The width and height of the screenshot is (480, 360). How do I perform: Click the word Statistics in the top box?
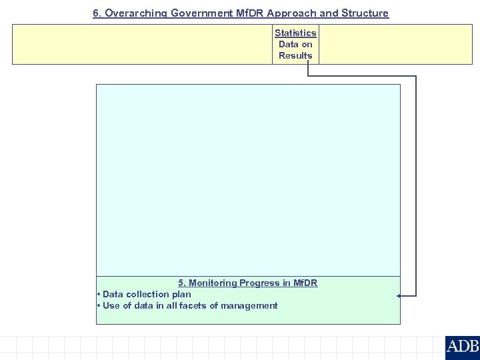295,33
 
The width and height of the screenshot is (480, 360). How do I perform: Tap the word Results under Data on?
295,55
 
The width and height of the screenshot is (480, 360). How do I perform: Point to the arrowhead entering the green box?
399,295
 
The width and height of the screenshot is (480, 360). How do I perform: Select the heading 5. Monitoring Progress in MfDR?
247,283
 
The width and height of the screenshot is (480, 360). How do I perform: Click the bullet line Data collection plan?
146,294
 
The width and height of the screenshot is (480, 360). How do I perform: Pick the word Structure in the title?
365,13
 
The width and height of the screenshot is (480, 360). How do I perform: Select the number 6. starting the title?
97,13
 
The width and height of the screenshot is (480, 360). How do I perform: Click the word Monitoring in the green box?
213,283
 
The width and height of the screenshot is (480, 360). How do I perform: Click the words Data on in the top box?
295,44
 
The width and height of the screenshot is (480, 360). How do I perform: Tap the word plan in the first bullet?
181,294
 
